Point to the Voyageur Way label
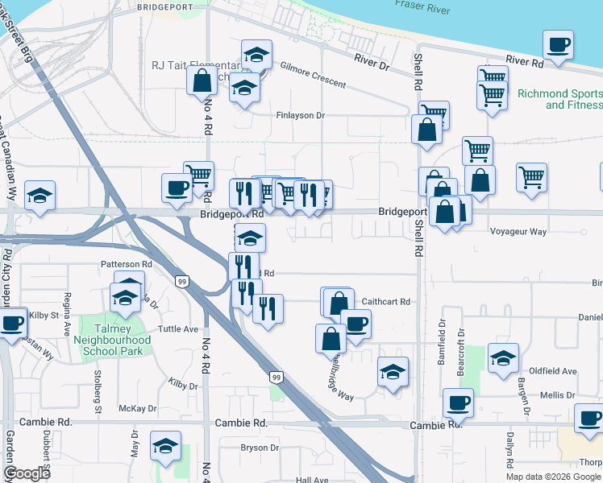[x=518, y=232]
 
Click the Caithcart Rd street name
[x=386, y=302]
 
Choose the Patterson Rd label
[x=127, y=264]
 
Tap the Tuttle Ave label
[x=178, y=329]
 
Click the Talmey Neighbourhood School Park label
[x=113, y=341]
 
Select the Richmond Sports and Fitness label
[x=559, y=99]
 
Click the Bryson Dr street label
[x=259, y=448]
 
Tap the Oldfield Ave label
[x=558, y=371]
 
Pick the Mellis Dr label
[x=557, y=395]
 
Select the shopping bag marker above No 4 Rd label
[x=201, y=81]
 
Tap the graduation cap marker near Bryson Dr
[x=166, y=445]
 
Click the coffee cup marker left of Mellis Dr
[x=459, y=402]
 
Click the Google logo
[x=27, y=474]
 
